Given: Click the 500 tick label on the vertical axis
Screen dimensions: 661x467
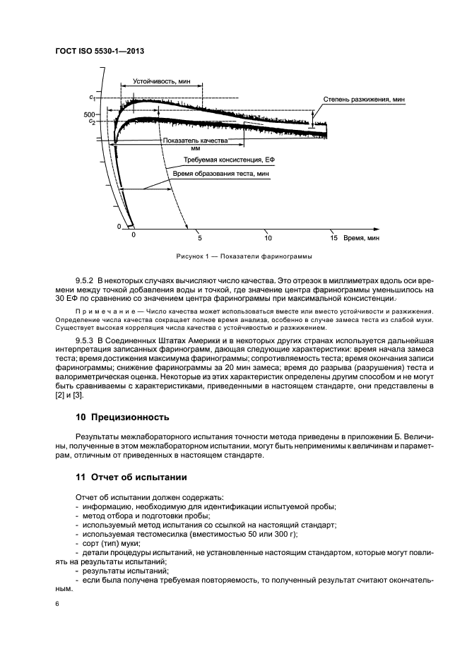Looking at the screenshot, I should [x=88, y=114].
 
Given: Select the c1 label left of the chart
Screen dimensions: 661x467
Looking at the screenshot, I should [x=92, y=95].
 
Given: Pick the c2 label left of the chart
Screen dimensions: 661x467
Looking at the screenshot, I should [x=92, y=122].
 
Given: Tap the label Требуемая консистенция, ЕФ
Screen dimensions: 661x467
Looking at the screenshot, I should [x=223, y=161].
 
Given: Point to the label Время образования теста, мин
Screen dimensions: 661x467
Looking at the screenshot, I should [x=216, y=173].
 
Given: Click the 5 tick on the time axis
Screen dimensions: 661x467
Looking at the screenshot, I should [x=200, y=238].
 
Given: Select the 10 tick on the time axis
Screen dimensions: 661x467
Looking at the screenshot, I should [x=267, y=238].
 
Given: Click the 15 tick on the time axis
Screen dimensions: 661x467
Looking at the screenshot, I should [x=334, y=238].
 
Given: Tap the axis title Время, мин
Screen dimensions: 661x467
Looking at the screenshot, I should [x=362, y=238].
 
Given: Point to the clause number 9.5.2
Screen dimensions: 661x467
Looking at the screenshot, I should [x=85, y=281].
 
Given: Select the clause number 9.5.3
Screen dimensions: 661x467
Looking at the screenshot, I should [x=85, y=341].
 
